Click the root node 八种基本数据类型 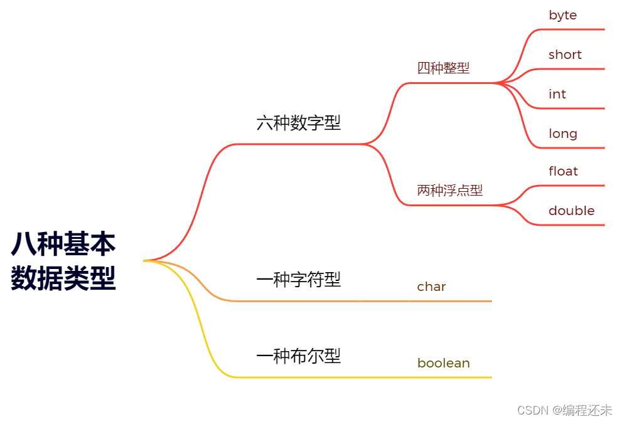point(63,261)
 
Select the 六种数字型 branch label point(298,122)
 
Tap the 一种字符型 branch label point(298,280)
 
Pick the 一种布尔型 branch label point(298,356)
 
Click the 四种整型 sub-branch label point(443,68)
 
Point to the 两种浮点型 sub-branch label point(449,191)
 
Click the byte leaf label point(562,15)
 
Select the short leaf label point(565,55)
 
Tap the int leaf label point(557,94)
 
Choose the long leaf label point(562,134)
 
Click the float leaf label point(563,171)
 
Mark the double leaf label point(571,211)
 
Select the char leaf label point(431,287)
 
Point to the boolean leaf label point(443,363)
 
